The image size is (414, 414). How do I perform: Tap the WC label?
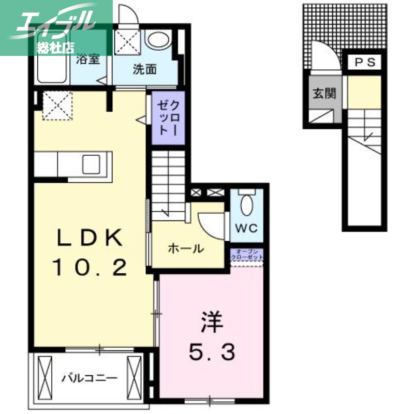[246, 228]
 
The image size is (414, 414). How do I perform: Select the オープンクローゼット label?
[247, 255]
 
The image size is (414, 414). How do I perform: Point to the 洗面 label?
[144, 70]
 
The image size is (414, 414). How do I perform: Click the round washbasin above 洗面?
[158, 39]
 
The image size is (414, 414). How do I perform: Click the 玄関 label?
[324, 94]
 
